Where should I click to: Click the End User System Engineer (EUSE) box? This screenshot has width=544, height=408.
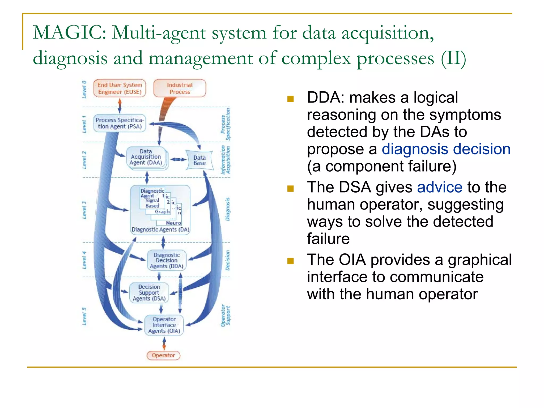coord(120,88)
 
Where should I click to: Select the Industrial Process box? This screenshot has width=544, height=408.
coord(180,88)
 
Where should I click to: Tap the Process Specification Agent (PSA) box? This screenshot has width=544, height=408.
coord(119,123)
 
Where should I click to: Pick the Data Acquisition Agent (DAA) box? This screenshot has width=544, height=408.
coord(146,157)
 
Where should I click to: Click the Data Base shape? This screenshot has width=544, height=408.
coord(199,160)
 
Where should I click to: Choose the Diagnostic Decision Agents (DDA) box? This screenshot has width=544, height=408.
coord(167,260)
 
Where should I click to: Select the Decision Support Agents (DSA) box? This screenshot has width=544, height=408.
coord(149,293)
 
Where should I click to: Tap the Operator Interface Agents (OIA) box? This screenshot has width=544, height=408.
coord(164,325)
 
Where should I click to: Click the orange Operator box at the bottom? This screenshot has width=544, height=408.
coord(163,355)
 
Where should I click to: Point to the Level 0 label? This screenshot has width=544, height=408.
coord(84,90)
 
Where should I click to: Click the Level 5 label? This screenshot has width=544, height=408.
coord(84,316)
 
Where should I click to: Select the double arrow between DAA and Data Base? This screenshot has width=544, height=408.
coord(178,159)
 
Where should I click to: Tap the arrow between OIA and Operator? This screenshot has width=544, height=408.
coord(164,343)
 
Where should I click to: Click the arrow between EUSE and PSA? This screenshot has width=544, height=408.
coord(120,106)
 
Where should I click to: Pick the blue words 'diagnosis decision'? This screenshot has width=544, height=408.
coord(446,149)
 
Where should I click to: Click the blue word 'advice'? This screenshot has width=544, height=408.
coord(440,187)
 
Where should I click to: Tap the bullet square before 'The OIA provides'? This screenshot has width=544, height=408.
coord(290,261)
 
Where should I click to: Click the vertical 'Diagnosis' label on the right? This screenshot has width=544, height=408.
coord(228,209)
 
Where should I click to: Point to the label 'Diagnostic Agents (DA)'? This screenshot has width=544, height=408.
coord(160,229)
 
